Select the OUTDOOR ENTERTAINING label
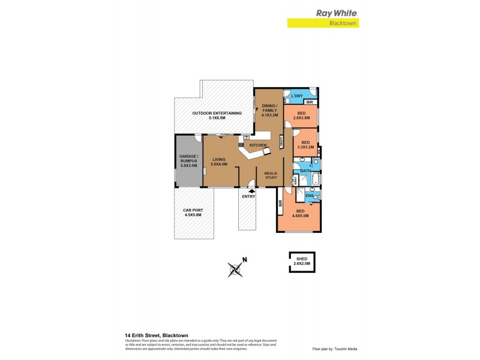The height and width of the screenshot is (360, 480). [x=217, y=115]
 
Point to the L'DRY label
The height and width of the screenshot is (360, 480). [x=296, y=96]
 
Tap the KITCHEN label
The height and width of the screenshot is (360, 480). [x=258, y=145]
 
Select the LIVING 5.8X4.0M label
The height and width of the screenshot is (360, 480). [x=219, y=161]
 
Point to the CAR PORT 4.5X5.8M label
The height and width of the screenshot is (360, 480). [x=192, y=212]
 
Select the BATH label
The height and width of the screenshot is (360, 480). [x=305, y=171]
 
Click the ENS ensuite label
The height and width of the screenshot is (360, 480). [x=309, y=196]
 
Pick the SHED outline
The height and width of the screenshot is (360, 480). [x=301, y=262]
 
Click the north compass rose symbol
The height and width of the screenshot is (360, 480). [x=235, y=269]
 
